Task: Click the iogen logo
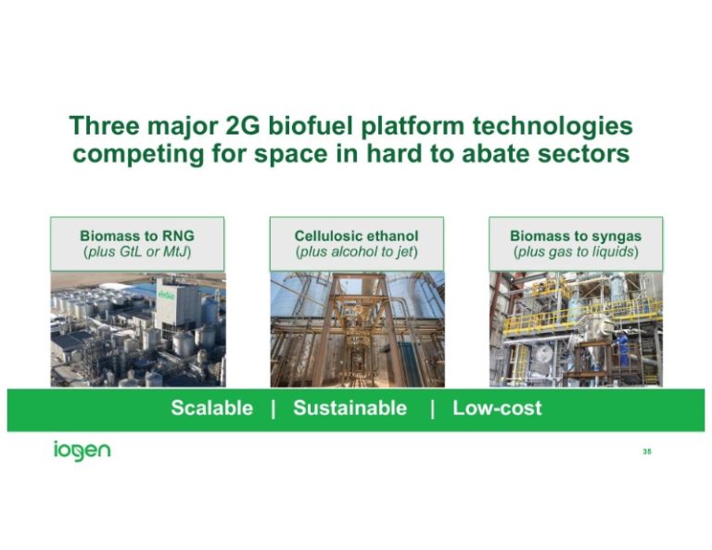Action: (82, 452)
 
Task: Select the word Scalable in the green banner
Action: (211, 408)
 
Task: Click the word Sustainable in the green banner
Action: (350, 408)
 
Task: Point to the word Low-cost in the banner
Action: (497, 408)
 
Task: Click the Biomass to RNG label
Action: (137, 236)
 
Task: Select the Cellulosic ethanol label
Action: (356, 236)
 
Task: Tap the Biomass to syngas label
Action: (575, 236)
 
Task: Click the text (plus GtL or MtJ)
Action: (137, 252)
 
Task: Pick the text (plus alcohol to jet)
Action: (356, 252)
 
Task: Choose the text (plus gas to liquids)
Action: (575, 252)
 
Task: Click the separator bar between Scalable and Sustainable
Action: (273, 408)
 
